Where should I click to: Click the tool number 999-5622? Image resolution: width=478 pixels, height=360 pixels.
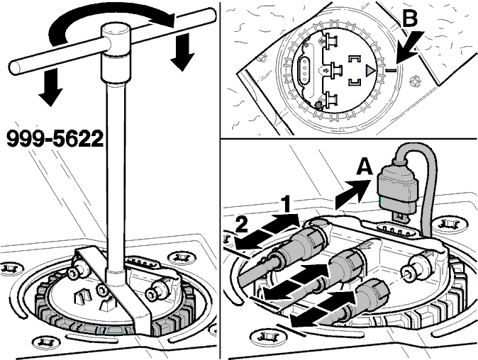click(55, 139)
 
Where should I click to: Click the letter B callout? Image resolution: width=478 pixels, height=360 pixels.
click(409, 18)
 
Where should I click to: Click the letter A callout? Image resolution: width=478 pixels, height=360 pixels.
click(365, 167)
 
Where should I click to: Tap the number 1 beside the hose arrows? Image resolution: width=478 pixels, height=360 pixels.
click(286, 204)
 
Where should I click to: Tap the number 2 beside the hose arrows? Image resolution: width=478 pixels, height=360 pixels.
click(242, 225)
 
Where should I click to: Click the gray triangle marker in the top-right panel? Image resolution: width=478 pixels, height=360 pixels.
click(369, 71)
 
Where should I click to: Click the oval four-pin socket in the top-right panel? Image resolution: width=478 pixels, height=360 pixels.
click(305, 70)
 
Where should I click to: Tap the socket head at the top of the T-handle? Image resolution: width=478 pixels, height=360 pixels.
click(116, 33)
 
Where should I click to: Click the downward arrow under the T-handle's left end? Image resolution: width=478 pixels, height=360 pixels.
click(50, 87)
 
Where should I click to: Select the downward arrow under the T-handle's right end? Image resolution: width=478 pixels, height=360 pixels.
click(182, 52)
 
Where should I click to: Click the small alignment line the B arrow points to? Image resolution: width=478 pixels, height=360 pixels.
click(391, 71)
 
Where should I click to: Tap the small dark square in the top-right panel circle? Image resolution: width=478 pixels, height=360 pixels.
click(319, 105)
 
